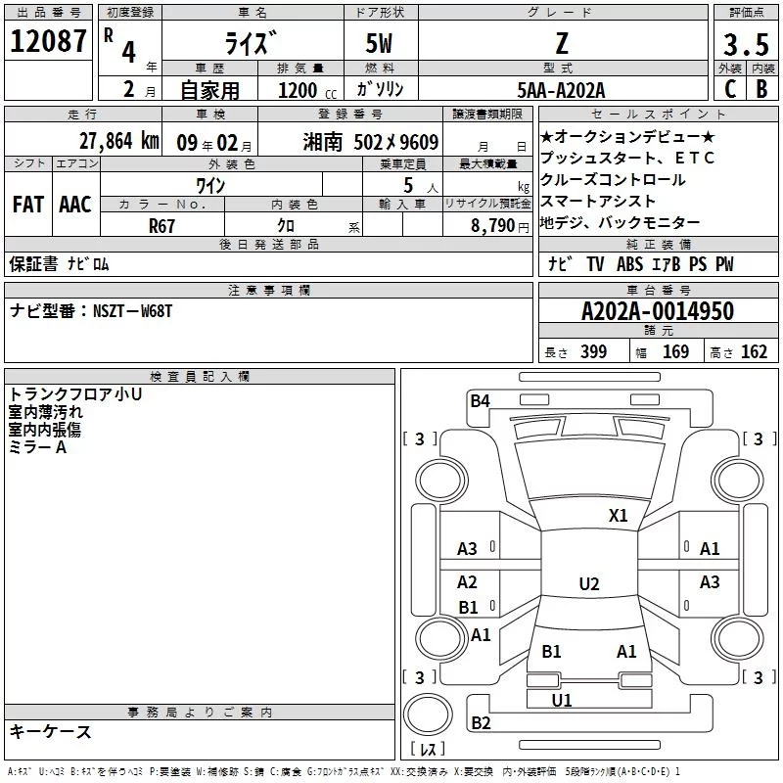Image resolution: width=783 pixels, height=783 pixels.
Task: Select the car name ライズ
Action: [x=251, y=43]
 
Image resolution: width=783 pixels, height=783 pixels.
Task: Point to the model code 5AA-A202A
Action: [x=561, y=90]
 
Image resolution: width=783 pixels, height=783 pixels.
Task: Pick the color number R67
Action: [x=162, y=224]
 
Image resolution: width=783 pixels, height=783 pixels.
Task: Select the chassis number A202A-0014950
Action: [x=657, y=311]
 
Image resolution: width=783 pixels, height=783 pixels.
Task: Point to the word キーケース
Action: [x=50, y=731]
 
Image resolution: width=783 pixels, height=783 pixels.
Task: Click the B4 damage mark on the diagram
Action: [x=480, y=399]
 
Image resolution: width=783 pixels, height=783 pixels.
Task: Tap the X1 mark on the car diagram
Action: [x=619, y=515]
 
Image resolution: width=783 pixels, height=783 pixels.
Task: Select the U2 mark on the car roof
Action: [x=588, y=584]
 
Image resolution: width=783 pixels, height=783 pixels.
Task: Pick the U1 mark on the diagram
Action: [x=562, y=700]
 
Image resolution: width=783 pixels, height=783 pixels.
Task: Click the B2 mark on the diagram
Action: [x=481, y=723]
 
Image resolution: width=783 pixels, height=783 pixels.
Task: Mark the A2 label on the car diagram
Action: [x=468, y=582]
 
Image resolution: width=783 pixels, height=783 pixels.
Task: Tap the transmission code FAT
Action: [x=27, y=204]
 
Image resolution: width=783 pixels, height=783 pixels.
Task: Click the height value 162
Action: [x=754, y=352]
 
